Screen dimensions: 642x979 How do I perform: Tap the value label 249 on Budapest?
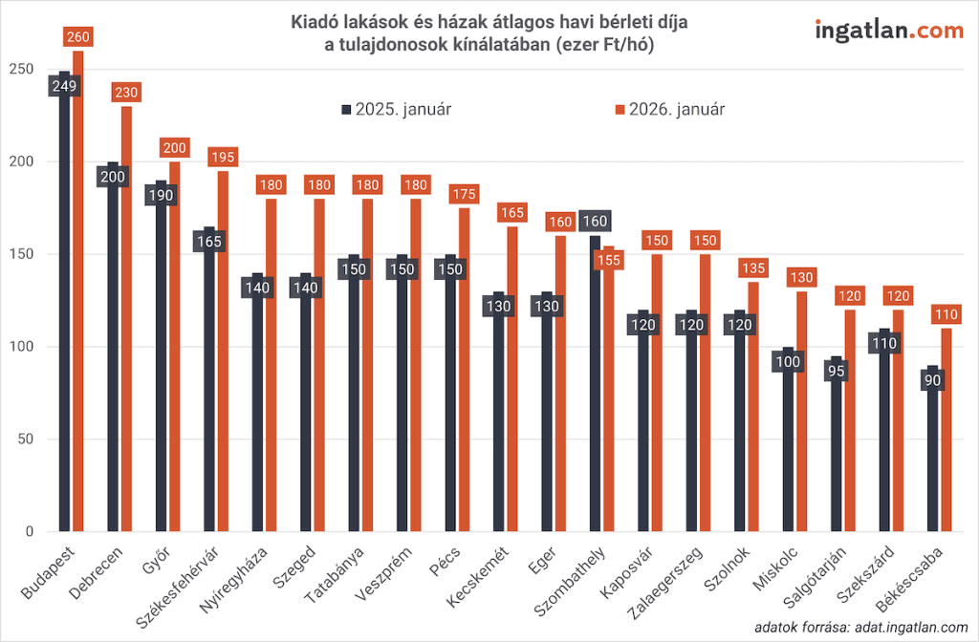[x=65, y=86]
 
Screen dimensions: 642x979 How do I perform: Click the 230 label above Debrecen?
[x=126, y=93]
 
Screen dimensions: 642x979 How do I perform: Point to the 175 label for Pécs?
[x=464, y=194]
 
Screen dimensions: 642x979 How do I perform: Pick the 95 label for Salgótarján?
[x=837, y=369]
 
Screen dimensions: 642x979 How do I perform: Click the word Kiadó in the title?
[x=315, y=22]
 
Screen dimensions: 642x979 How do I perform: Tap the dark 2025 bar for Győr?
[x=162, y=363]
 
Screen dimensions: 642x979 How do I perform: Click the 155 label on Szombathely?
[x=609, y=259]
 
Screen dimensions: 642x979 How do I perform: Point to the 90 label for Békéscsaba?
[x=933, y=378]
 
